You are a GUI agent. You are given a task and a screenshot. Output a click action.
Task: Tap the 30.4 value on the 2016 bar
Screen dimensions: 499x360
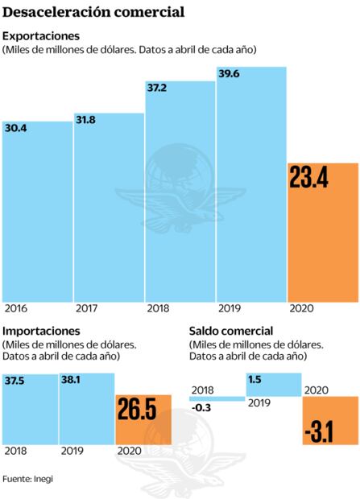click(x=15, y=128)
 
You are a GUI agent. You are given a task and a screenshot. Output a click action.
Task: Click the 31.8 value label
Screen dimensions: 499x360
click(x=87, y=120)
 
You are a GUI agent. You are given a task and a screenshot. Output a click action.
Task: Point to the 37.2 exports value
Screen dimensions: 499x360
click(x=159, y=86)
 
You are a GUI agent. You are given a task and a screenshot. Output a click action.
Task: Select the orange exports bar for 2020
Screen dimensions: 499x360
click(x=322, y=241)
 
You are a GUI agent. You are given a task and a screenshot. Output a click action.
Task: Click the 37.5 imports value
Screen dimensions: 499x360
click(x=15, y=381)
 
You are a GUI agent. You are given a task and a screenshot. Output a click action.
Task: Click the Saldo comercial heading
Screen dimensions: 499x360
click(x=230, y=331)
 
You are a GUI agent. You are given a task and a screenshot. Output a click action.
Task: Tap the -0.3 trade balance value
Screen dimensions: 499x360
click(x=203, y=408)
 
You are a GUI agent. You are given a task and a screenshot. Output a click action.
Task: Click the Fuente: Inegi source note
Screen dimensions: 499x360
click(x=32, y=479)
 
